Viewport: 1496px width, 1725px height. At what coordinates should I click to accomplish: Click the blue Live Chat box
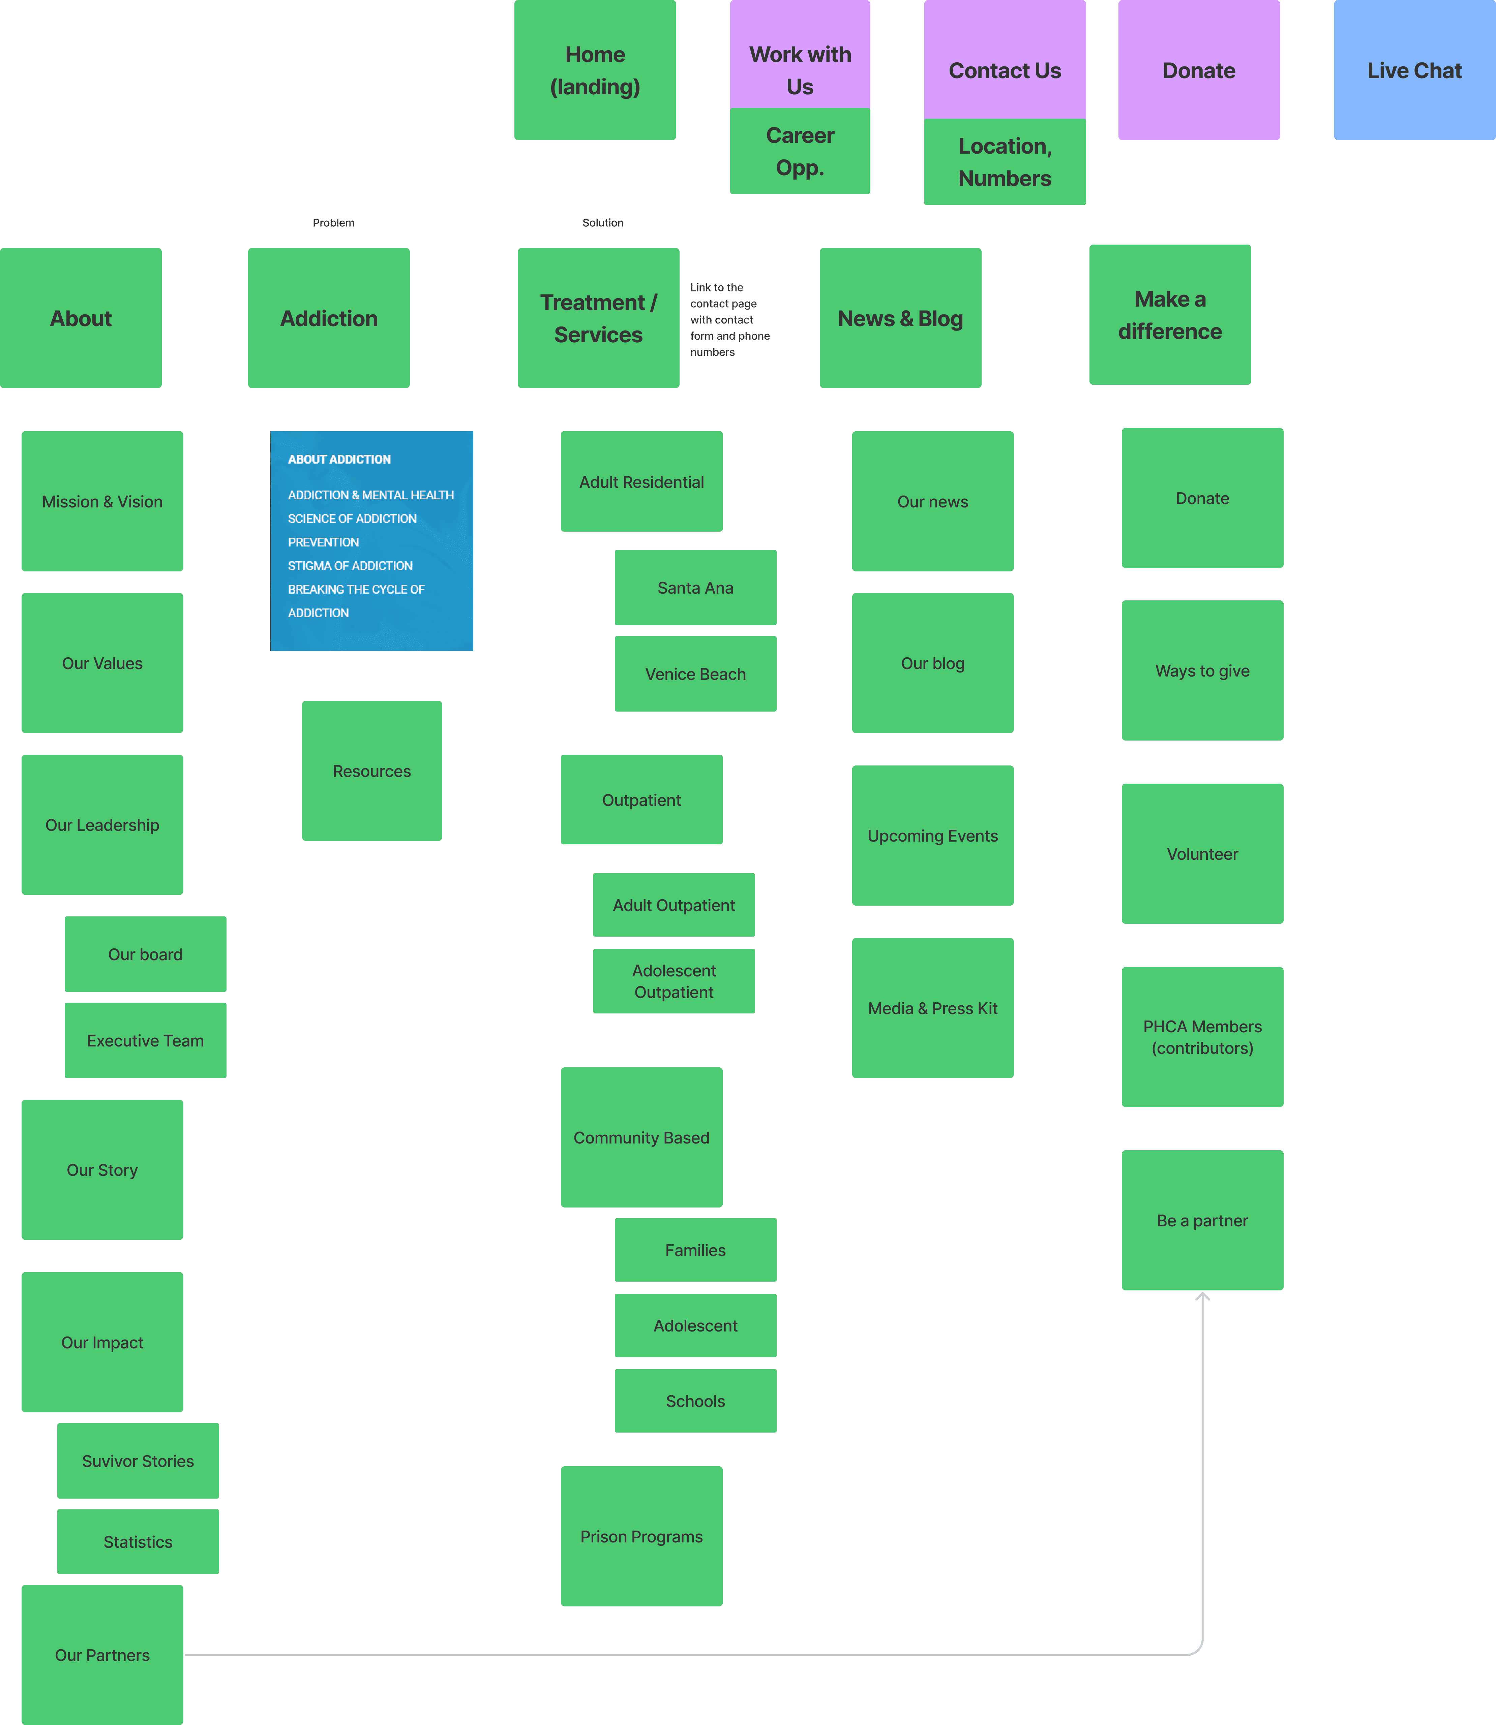coord(1414,70)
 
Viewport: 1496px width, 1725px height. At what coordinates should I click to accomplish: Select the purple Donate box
coord(1199,70)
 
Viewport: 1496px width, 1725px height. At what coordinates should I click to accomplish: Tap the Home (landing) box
coord(594,70)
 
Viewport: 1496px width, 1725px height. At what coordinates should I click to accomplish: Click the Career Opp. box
coord(800,151)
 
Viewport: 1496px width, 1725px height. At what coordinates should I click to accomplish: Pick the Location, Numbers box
coord(1004,162)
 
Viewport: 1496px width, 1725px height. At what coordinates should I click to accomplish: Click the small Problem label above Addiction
coord(333,223)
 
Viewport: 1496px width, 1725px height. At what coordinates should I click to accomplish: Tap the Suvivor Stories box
coord(138,1461)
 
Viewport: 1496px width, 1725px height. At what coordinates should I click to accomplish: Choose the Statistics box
coord(138,1541)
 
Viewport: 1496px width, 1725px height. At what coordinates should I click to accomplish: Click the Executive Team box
coord(145,1040)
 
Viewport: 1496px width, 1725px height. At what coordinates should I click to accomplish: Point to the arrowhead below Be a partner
coord(1202,1296)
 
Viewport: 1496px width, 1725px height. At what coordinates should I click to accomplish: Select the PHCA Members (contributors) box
coord(1202,1036)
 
